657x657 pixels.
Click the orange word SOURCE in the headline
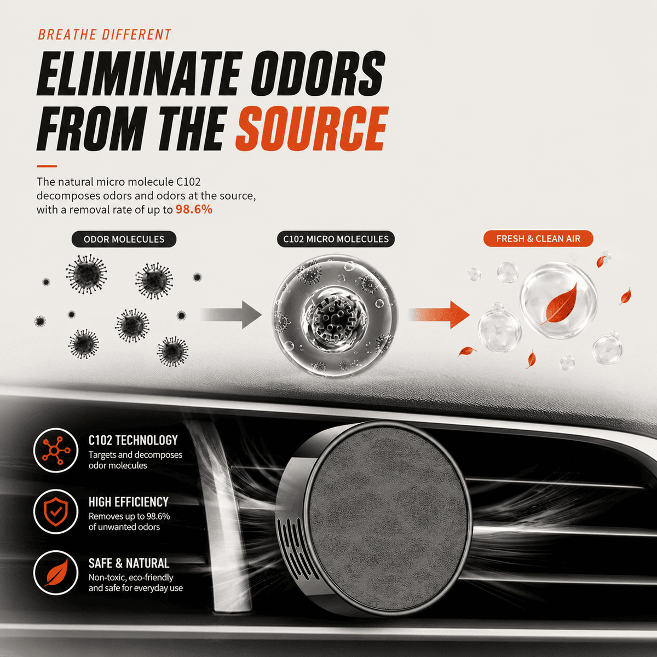click(312, 128)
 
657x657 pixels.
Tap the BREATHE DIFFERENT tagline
click(105, 35)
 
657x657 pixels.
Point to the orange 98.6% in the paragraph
click(194, 209)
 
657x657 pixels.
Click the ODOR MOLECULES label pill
click(124, 239)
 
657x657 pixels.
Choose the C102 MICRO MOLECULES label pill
click(336, 239)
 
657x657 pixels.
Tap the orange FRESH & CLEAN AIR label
click(538, 239)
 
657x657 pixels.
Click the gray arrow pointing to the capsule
click(231, 314)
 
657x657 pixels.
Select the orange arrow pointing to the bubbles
click(439, 314)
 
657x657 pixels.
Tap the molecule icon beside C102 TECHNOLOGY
click(56, 451)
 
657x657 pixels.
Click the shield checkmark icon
click(56, 511)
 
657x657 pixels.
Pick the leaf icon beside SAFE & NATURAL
click(56, 573)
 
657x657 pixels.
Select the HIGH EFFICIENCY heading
click(129, 502)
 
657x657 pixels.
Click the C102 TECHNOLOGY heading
click(133, 440)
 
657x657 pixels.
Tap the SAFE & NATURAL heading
click(129, 563)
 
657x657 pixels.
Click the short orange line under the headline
click(47, 166)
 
